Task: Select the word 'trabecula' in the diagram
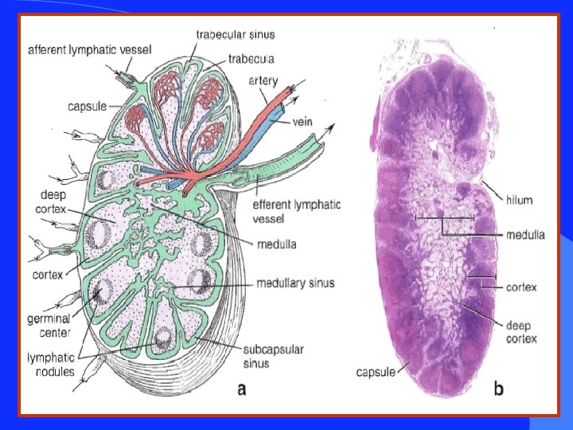[251, 58]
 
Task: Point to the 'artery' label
[263, 80]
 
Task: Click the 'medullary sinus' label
[295, 283]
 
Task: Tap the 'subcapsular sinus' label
[267, 357]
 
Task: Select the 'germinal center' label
[49, 325]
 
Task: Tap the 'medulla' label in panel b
[526, 235]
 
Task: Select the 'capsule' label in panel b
[376, 372]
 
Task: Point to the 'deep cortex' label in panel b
[521, 332]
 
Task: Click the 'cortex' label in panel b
[522, 287]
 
